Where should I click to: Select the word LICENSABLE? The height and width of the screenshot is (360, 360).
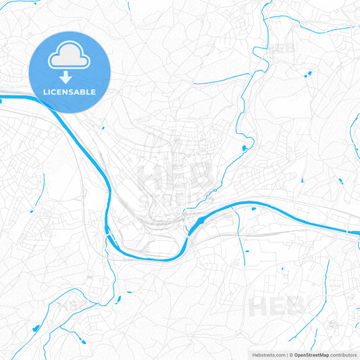(70, 92)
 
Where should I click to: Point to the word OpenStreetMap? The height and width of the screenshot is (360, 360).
(310, 355)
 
